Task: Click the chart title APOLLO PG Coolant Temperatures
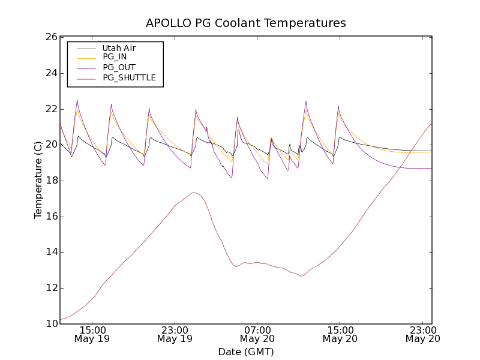pyautogui.click(x=246, y=23)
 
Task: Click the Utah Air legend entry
pyautogui.click(x=119, y=48)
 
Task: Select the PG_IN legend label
pyautogui.click(x=115, y=57)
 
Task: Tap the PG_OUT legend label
pyautogui.click(x=119, y=67)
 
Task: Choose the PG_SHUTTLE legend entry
pyautogui.click(x=129, y=77)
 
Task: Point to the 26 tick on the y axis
pyautogui.click(x=50, y=37)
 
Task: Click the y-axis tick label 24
pyautogui.click(x=50, y=73)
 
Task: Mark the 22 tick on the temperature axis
pyautogui.click(x=50, y=109)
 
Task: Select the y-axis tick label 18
pyautogui.click(x=50, y=181)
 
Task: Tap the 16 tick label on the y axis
pyautogui.click(x=50, y=217)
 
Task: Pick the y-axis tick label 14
pyautogui.click(x=50, y=252)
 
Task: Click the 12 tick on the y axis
pyautogui.click(x=50, y=288)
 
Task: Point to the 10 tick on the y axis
pyautogui.click(x=50, y=324)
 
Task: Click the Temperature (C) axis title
pyautogui.click(x=38, y=180)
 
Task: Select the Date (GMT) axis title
pyautogui.click(x=246, y=352)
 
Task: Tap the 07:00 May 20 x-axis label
pyautogui.click(x=257, y=334)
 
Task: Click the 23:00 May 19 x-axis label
pyautogui.click(x=175, y=334)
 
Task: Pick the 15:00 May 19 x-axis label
pyautogui.click(x=92, y=334)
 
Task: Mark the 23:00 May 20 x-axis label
pyautogui.click(x=422, y=334)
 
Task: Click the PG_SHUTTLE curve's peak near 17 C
pyautogui.click(x=193, y=193)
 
